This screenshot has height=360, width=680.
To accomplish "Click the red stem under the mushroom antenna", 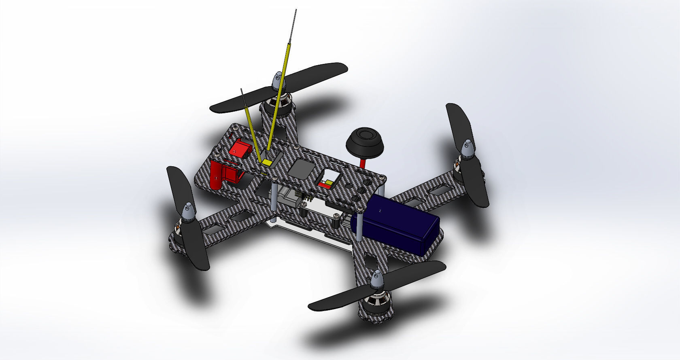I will point(363,163).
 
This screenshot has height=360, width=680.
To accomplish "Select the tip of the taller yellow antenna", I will point(295,11).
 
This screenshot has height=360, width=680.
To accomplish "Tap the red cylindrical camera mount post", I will point(216,175).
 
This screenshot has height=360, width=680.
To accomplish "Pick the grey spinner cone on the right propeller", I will point(468,148).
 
